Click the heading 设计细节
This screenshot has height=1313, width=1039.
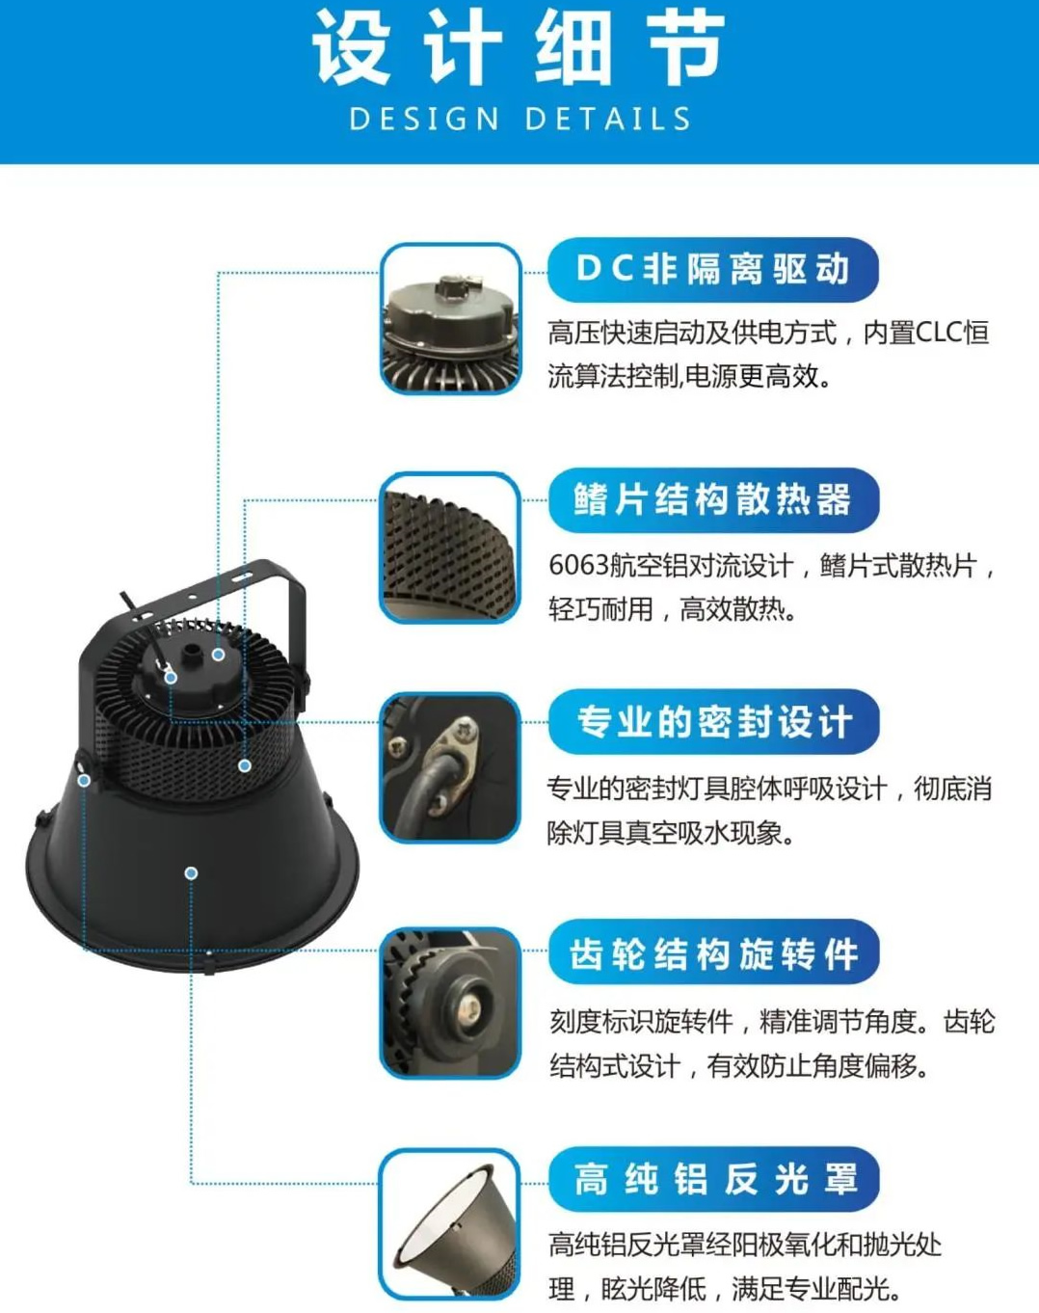click(x=519, y=48)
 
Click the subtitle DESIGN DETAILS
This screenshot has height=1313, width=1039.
click(x=520, y=119)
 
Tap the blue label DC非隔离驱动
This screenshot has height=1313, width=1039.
click(x=712, y=269)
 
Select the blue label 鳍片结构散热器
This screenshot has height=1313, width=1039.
click(x=713, y=499)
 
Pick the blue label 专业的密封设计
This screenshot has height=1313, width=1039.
click(x=713, y=722)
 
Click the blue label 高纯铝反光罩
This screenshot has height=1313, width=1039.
click(x=713, y=1178)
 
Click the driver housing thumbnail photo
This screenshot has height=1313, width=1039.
click(x=450, y=318)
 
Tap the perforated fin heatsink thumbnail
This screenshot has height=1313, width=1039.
click(x=450, y=548)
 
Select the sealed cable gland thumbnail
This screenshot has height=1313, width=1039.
click(x=450, y=768)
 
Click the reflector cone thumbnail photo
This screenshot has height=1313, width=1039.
click(x=450, y=1225)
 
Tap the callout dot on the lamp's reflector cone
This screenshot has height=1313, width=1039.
click(x=191, y=873)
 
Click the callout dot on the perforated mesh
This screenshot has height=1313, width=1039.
click(x=245, y=765)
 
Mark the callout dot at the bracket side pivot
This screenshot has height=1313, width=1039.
click(x=84, y=780)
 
